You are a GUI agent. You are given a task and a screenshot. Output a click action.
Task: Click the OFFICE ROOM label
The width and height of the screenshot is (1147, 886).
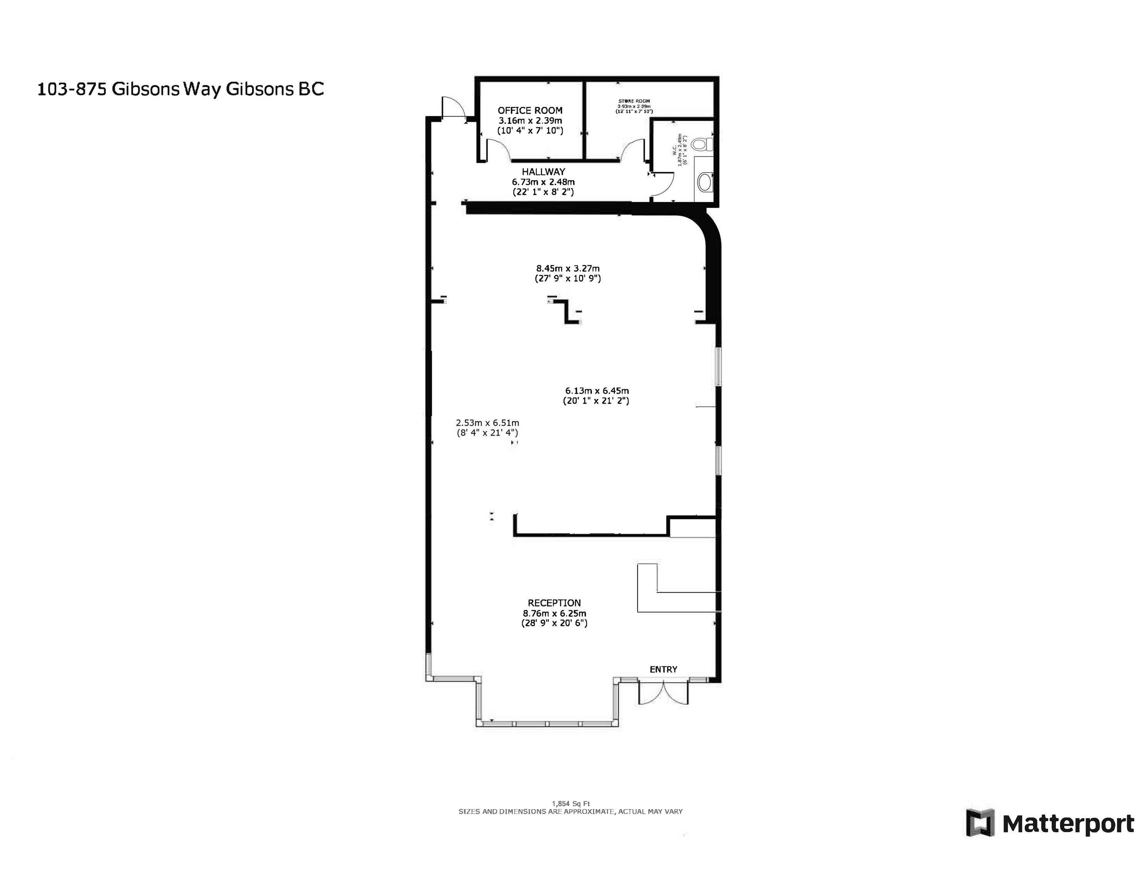(x=530, y=110)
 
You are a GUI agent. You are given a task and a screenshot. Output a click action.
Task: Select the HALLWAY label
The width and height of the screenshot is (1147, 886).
(x=543, y=172)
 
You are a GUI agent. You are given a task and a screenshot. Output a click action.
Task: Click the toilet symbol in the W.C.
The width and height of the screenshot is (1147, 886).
(x=702, y=144)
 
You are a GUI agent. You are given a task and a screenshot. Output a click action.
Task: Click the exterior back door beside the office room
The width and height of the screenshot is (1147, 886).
(x=453, y=108)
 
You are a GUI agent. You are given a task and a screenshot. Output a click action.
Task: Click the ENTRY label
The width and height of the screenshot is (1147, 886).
(x=663, y=669)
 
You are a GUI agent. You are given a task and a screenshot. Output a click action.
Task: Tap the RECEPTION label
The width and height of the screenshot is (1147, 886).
(x=554, y=603)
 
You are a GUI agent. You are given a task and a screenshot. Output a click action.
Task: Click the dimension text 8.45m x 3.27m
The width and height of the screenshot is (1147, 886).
(x=568, y=268)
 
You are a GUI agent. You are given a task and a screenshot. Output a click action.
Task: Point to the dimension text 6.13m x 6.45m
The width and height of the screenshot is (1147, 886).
(x=597, y=391)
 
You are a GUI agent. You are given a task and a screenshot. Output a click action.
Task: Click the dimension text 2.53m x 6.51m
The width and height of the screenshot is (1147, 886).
(x=488, y=423)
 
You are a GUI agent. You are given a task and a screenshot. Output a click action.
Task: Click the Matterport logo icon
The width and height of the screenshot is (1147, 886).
(x=980, y=823)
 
